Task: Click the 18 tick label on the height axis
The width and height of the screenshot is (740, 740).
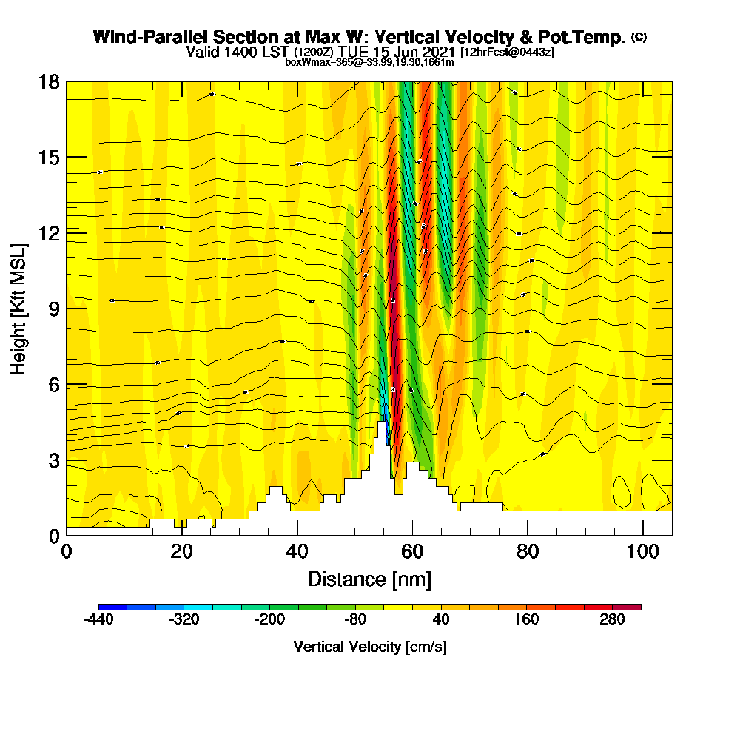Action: [49, 81]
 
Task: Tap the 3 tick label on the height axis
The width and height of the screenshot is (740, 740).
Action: [53, 460]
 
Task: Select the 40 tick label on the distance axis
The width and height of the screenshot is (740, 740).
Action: [297, 551]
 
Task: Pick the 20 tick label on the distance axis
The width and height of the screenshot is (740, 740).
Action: [181, 551]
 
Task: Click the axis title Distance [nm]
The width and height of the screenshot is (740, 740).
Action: [369, 579]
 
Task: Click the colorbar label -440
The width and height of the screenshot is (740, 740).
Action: [98, 620]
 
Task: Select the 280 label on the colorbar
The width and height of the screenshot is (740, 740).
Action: [613, 620]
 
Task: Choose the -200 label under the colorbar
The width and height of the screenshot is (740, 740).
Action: [270, 620]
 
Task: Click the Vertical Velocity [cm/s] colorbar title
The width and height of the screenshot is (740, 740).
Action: [369, 647]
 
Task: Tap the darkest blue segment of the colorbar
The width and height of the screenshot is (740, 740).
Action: [112, 607]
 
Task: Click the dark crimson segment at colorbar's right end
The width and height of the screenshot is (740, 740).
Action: [627, 607]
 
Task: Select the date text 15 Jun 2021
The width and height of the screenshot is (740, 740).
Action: [419, 52]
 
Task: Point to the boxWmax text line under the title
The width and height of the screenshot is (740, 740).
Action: [369, 62]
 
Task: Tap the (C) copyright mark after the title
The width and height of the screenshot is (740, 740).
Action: [639, 36]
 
